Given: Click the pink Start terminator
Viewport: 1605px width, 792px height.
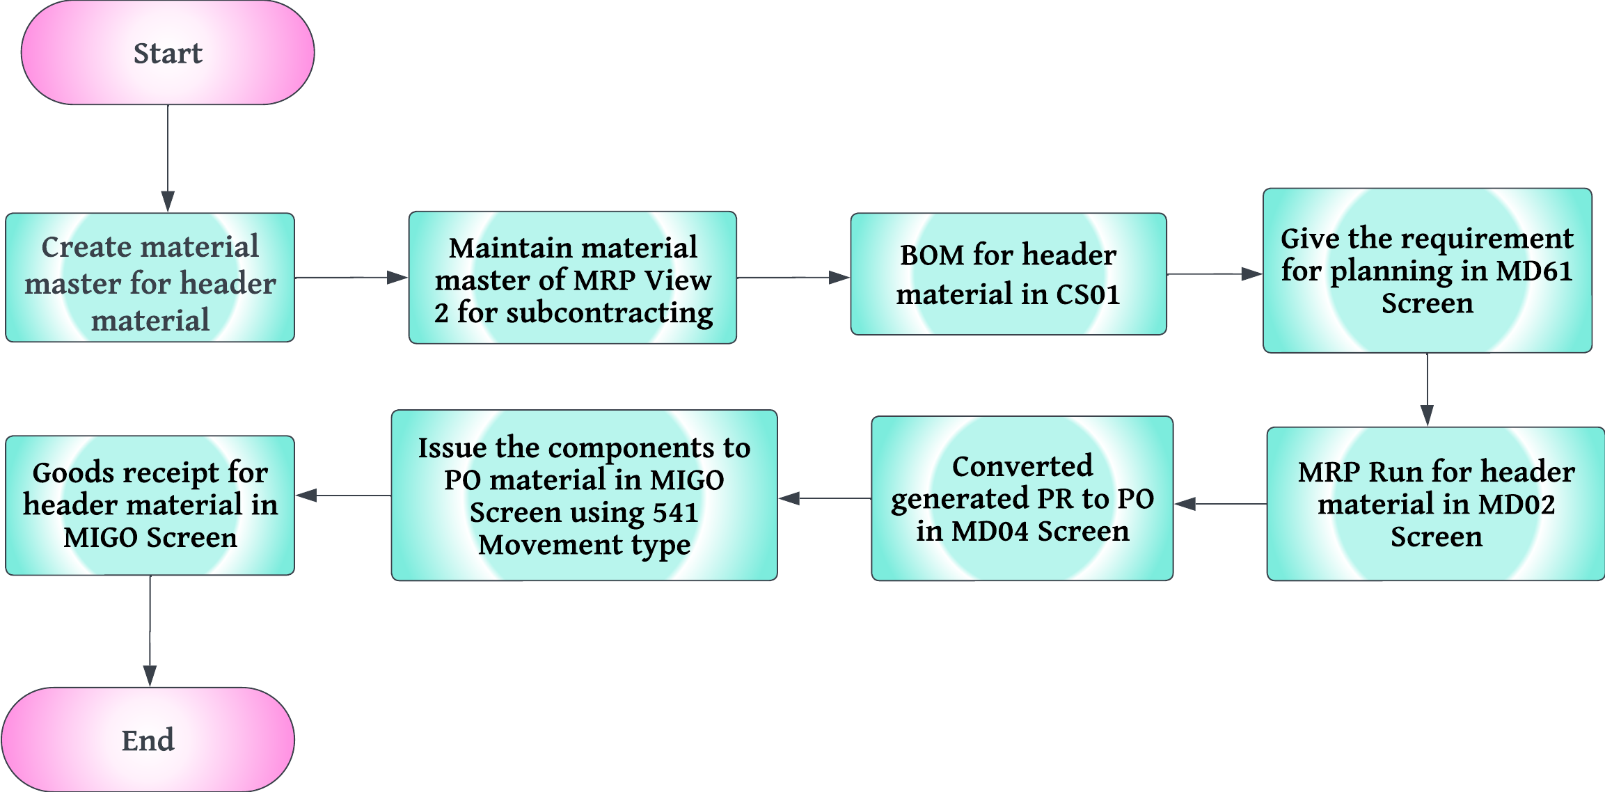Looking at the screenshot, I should (168, 53).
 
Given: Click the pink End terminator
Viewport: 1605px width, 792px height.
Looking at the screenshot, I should (148, 739).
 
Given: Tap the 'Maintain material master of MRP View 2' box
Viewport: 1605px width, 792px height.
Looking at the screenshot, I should (572, 278).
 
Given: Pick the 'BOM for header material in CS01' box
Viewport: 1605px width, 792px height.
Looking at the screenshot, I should (1008, 274).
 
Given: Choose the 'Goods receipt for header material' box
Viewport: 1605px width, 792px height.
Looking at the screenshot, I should (150, 505).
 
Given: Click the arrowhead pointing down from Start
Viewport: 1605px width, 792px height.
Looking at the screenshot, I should (168, 201).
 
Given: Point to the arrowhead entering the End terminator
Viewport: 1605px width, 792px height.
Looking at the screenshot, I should (150, 676).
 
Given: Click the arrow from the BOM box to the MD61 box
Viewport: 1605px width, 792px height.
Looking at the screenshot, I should (1215, 274).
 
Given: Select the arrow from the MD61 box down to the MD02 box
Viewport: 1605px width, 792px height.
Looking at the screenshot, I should (1428, 390).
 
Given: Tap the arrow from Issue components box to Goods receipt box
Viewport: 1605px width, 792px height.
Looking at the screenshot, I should (343, 496).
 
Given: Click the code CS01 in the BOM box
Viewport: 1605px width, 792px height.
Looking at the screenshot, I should (1088, 294).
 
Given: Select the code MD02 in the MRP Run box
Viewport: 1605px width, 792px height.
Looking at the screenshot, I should (1517, 505).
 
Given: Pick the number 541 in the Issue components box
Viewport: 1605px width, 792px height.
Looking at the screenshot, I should (675, 513).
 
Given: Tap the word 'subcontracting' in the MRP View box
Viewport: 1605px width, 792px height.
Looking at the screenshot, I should (609, 312).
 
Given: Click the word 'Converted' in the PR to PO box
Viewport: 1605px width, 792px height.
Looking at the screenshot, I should (1022, 466).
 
